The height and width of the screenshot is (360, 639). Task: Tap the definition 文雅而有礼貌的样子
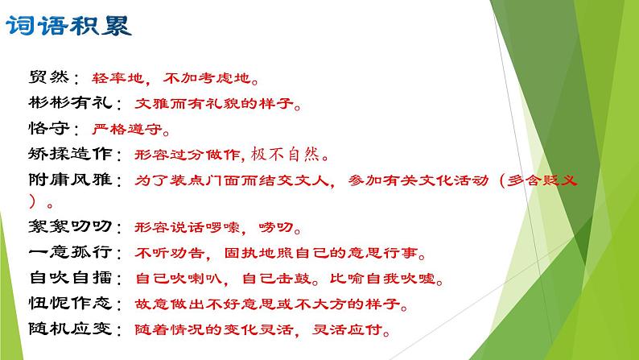tap(210, 103)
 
